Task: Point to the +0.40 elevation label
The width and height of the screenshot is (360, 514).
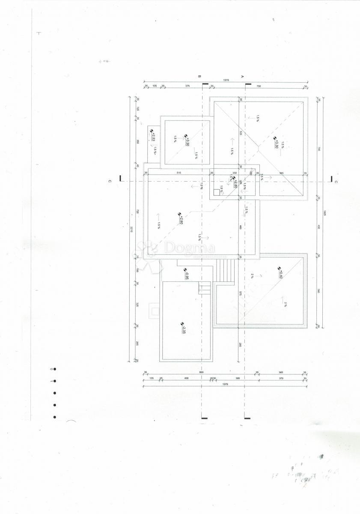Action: click(x=281, y=271)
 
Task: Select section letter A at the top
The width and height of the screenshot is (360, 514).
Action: click(x=243, y=76)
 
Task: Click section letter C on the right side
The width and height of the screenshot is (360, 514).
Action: click(x=336, y=182)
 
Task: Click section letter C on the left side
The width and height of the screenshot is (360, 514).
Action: click(x=110, y=181)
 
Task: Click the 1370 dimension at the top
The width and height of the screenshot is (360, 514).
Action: click(x=226, y=80)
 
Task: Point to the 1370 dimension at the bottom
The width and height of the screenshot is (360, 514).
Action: click(x=225, y=384)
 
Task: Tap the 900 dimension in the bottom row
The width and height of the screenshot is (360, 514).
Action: click(x=201, y=372)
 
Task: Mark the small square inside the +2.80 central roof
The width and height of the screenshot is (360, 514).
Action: click(x=217, y=192)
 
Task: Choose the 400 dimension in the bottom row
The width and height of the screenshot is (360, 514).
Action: click(x=186, y=378)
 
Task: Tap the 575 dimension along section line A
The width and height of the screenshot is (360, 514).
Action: click(x=241, y=294)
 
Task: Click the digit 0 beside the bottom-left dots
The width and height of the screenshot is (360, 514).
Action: click(x=51, y=369)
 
